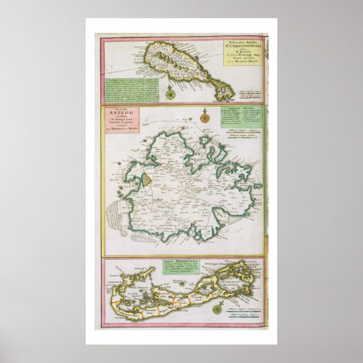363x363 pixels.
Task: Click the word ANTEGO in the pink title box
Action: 121,117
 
